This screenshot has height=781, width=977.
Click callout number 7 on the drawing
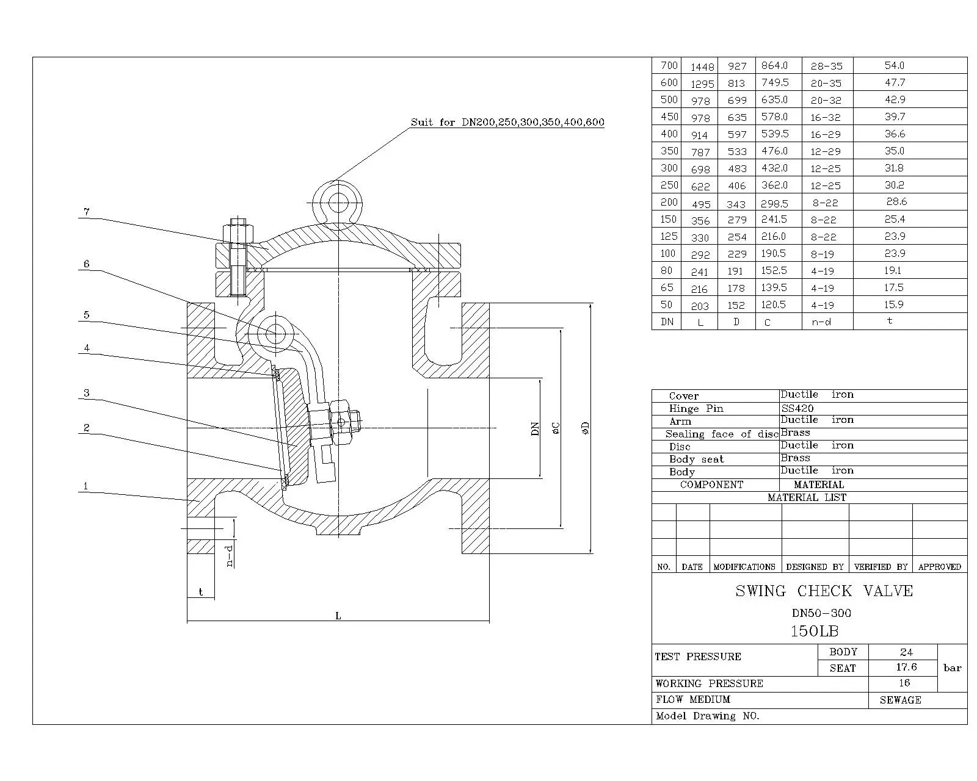pos(87,212)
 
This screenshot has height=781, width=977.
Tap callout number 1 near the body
pos(85,486)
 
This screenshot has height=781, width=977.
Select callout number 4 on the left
pos(87,348)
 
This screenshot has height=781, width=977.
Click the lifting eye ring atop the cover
pos(337,183)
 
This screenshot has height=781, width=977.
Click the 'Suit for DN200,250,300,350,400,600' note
pos(507,122)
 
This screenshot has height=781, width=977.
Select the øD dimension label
pos(586,428)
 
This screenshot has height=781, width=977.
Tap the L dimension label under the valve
pos(338,616)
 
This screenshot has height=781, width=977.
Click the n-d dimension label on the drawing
pos(230,556)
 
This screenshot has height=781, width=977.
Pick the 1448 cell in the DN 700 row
pos(702,67)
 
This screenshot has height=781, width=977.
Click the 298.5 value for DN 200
pos(774,204)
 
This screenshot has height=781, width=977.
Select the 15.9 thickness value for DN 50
pos(894,304)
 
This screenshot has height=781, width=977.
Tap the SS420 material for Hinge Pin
pos(797,408)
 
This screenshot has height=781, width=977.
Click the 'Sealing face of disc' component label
pos(722,434)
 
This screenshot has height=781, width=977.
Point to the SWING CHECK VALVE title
pos(824,591)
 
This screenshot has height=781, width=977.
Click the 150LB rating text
pos(815,631)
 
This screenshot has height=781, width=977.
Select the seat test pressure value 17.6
pos(906,667)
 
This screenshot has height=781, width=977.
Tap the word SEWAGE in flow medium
pos(901,700)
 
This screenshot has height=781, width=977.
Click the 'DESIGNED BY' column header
pos(815,567)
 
